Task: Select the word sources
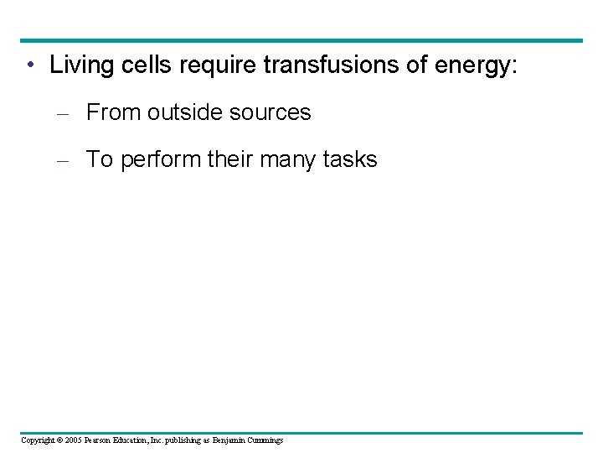click(x=272, y=112)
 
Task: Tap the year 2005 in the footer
click(x=72, y=440)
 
